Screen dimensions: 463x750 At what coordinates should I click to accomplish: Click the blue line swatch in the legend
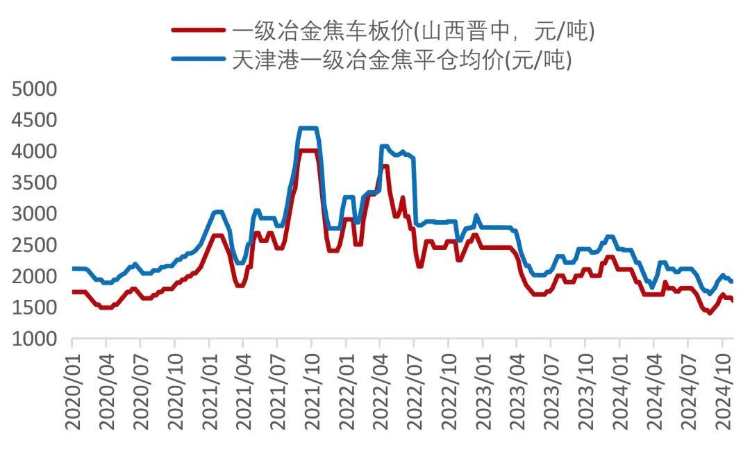tap(199, 60)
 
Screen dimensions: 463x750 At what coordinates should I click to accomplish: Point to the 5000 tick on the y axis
tap(34, 89)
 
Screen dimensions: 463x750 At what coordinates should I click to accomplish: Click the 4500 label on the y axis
tap(34, 120)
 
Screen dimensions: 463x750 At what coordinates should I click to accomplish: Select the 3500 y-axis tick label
tap(34, 183)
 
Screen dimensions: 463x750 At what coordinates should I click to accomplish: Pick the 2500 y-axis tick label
tap(34, 245)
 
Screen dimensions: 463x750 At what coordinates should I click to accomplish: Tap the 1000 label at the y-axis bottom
tap(34, 339)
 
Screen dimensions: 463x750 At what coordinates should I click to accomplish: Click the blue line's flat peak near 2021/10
tap(308, 128)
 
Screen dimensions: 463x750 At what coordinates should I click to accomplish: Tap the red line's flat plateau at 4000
tap(308, 151)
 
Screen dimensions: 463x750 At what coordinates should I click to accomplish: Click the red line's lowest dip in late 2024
tap(709, 312)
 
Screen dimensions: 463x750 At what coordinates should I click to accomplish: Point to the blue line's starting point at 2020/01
tap(73, 269)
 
